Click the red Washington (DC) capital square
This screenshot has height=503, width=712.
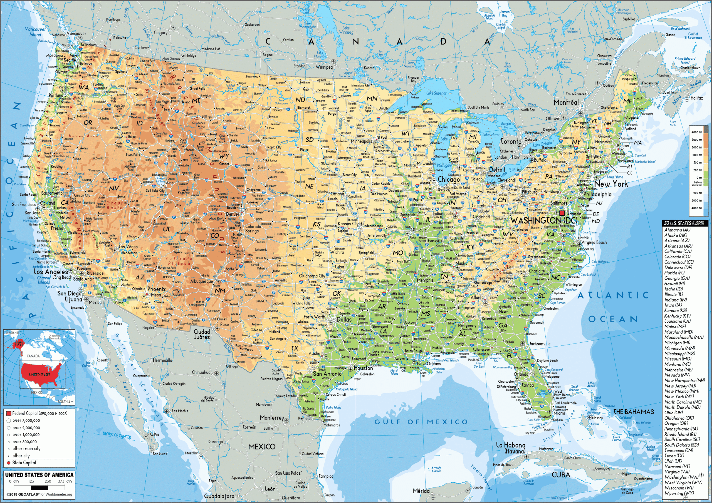[x=562, y=213]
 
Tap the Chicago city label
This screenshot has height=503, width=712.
[x=449, y=180]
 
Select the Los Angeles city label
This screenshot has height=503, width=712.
[x=51, y=272]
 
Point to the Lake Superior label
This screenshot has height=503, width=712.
[x=436, y=93]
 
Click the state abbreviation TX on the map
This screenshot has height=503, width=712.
[x=295, y=348]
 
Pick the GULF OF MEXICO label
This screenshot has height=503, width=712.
[x=421, y=422]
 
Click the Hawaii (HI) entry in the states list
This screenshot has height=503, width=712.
[x=674, y=283]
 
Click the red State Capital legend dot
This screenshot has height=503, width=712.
[x=8, y=463]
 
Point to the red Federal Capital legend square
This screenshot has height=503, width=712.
[x=8, y=414]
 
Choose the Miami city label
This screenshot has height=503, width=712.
[x=559, y=413]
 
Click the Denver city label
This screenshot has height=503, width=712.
[x=233, y=214]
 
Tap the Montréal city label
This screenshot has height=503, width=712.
[x=566, y=102]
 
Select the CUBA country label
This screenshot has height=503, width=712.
[x=561, y=475]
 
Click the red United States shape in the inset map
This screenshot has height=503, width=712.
[x=40, y=374]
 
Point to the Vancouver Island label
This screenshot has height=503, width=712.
[x=35, y=32]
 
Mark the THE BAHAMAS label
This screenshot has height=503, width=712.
[x=634, y=412]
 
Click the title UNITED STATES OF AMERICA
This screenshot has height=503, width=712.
[x=39, y=475]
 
